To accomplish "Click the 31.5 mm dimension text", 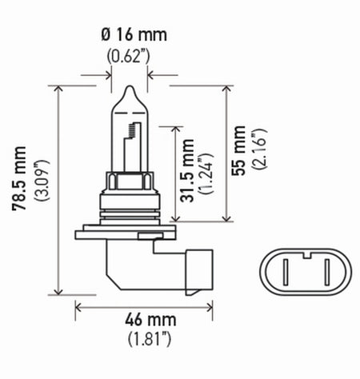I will (x=188, y=172).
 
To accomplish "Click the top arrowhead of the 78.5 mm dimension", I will (x=60, y=87).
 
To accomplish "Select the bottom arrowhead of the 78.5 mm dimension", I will (x=60, y=290).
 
